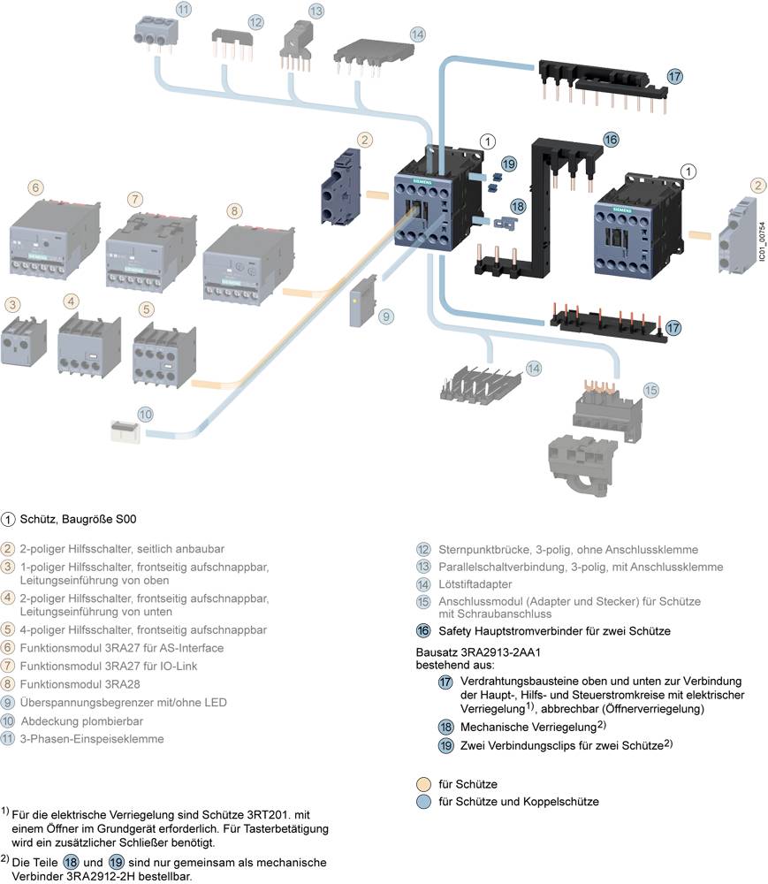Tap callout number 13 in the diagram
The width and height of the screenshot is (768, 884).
[316, 11]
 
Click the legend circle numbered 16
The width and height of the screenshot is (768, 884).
[423, 631]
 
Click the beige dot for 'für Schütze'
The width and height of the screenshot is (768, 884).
[424, 784]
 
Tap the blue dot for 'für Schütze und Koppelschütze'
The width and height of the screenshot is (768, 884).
[424, 802]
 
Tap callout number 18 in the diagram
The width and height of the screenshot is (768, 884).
[519, 206]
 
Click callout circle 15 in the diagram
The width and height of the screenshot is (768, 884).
[650, 390]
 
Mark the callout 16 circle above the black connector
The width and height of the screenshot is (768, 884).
[611, 140]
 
